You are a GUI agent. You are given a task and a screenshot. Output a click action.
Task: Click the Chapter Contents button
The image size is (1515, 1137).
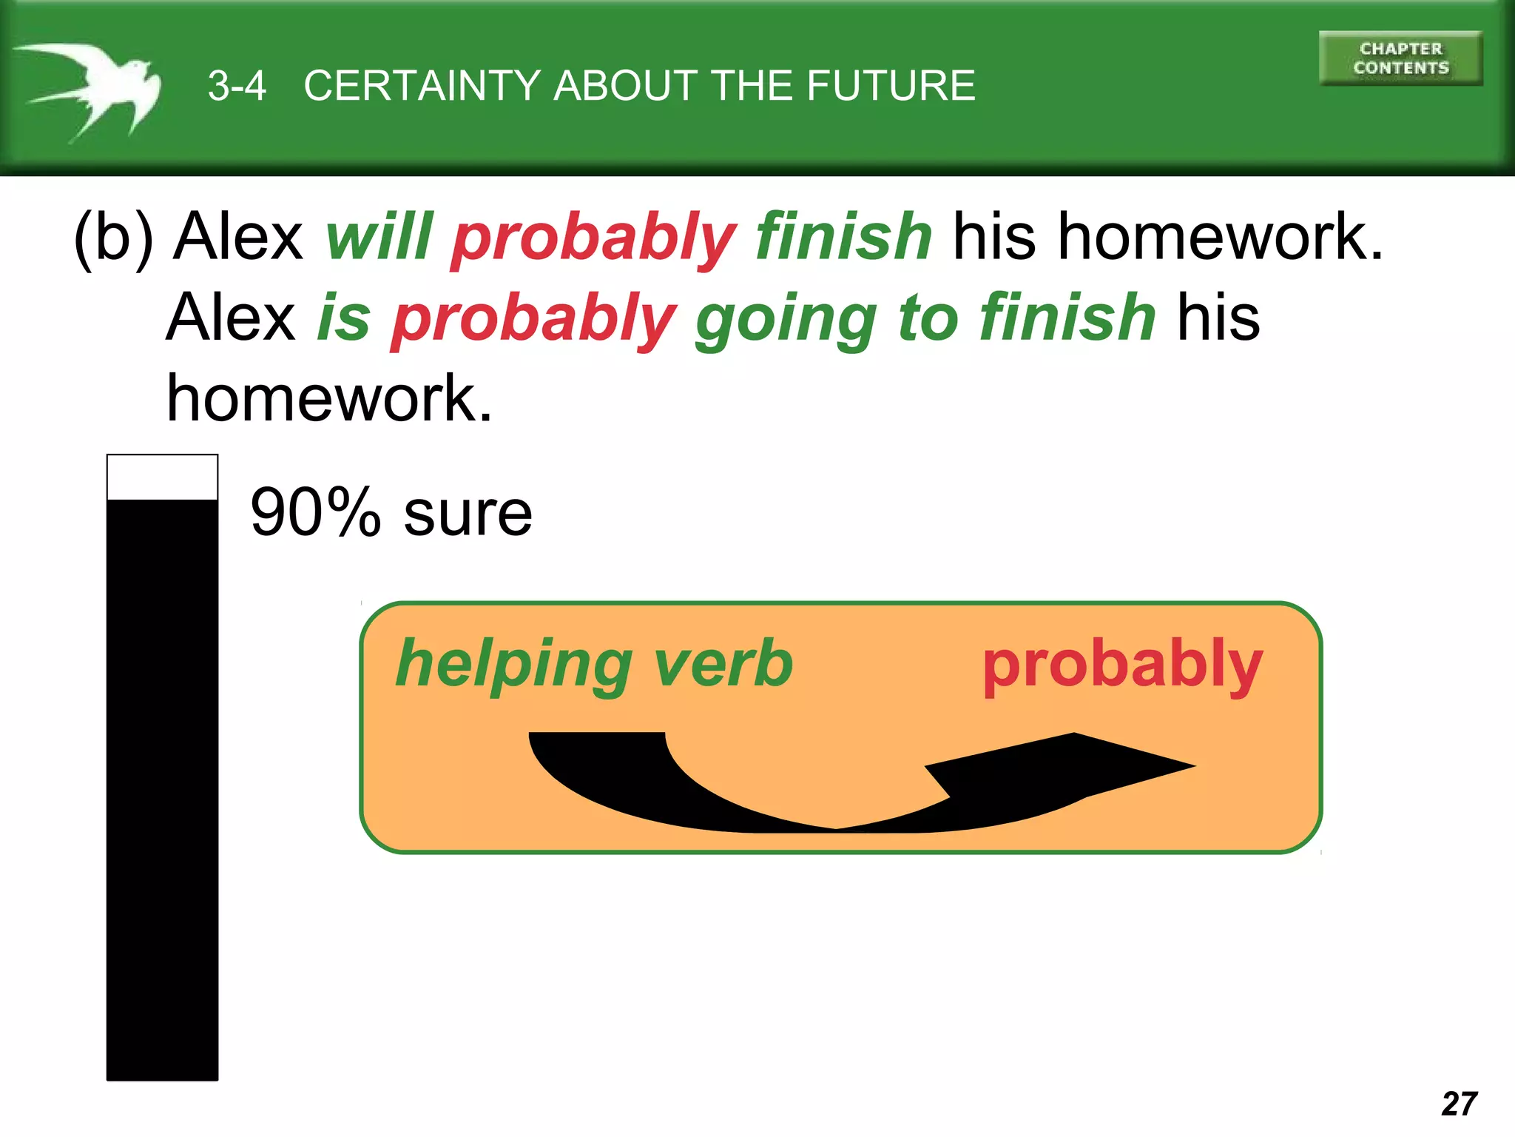pos(1400,58)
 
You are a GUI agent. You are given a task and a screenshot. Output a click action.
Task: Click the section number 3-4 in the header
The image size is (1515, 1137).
pos(237,86)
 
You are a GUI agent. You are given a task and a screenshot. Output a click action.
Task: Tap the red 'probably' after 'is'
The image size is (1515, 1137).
pos(533,320)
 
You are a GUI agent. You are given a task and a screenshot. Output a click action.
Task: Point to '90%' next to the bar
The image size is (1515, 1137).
pos(315,512)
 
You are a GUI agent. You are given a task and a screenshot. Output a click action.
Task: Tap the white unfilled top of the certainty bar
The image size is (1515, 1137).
pos(162,477)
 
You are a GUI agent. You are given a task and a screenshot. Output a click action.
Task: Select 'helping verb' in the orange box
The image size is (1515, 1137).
pos(594,665)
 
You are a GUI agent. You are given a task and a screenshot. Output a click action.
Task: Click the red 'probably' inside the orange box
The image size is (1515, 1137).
pos(1122,665)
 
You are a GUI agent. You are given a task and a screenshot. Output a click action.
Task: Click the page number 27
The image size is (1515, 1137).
pos(1459,1104)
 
